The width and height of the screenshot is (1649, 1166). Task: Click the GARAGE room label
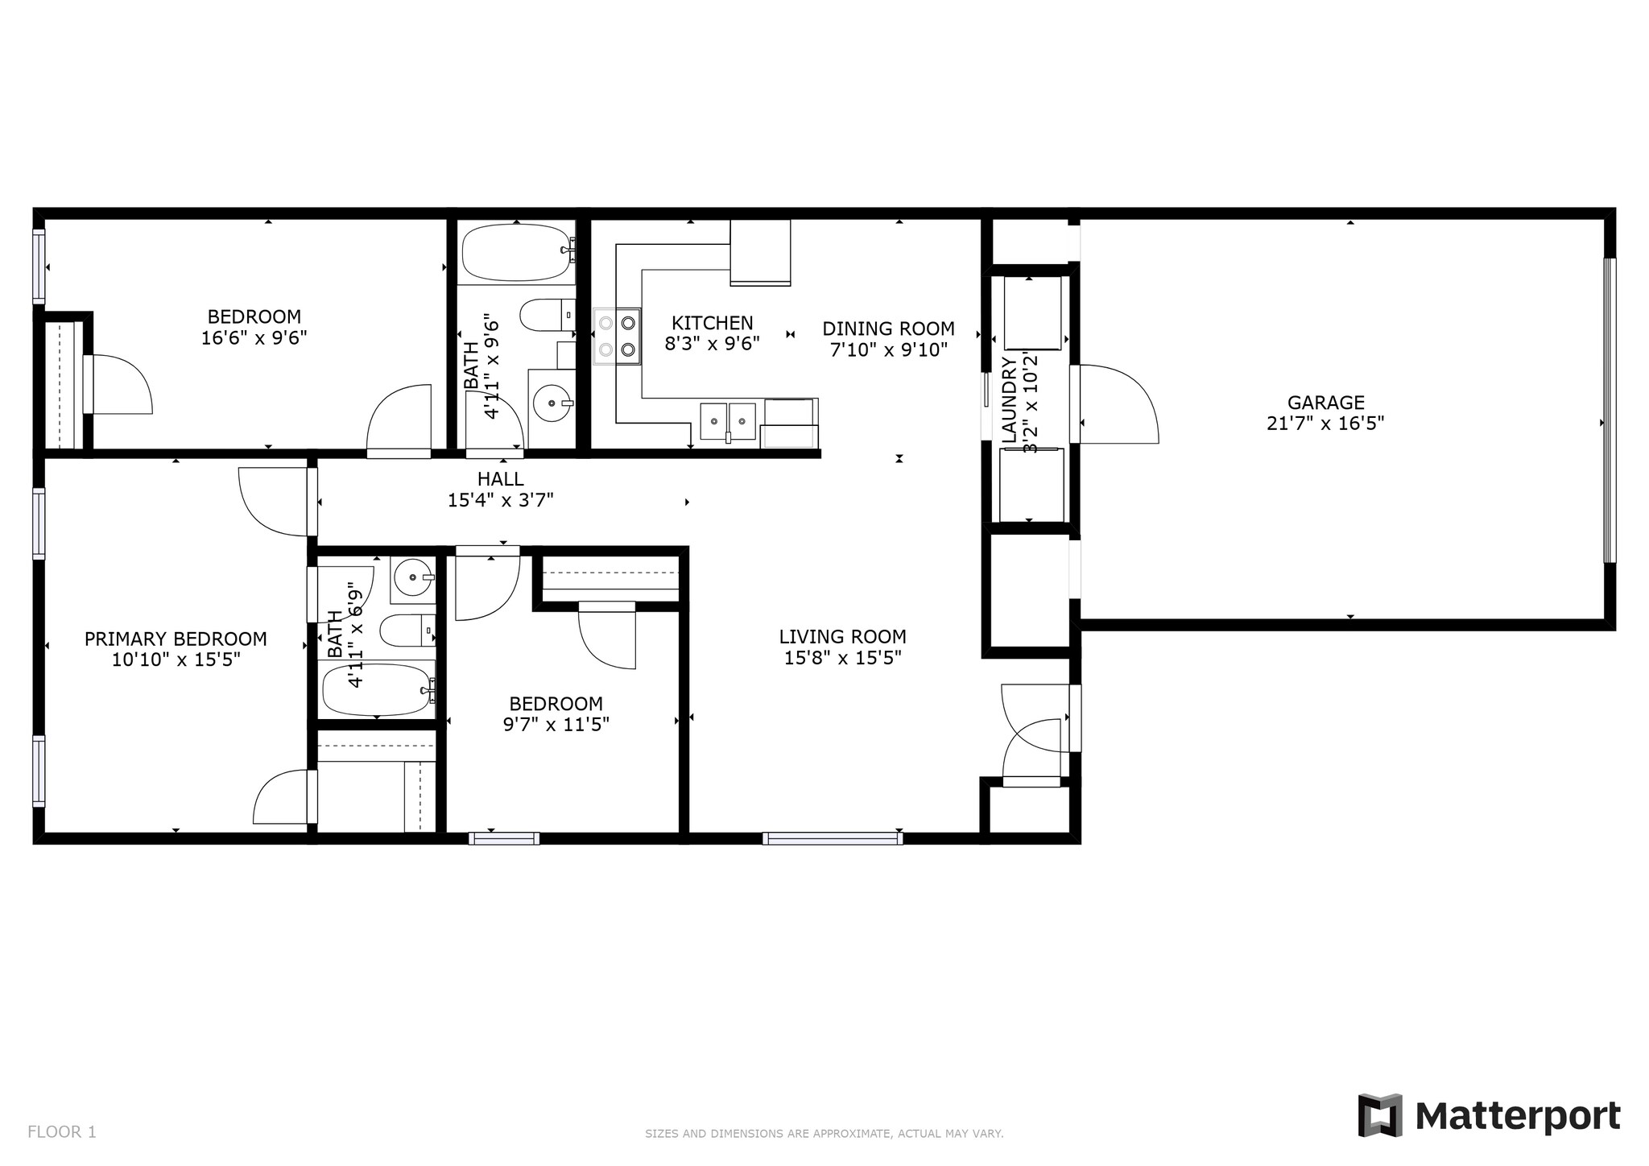point(1325,403)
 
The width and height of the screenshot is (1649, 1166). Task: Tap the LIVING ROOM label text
point(842,637)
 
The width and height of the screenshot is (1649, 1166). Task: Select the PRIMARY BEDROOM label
point(176,639)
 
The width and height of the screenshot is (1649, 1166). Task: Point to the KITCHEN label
point(713,323)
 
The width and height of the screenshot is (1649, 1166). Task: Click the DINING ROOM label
point(888,329)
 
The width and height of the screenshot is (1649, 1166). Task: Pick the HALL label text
point(500,480)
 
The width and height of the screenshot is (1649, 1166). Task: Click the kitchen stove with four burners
point(618,337)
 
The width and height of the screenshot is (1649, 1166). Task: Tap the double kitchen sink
point(729,421)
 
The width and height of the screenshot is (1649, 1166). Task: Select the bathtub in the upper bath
point(517,252)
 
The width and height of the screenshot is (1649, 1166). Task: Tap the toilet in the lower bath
point(407,631)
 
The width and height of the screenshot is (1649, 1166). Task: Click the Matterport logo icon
point(1380,1115)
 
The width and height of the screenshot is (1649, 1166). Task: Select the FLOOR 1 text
point(62,1132)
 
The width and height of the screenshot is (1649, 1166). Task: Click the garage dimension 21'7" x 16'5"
point(1325,424)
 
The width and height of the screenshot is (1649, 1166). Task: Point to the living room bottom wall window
point(833,838)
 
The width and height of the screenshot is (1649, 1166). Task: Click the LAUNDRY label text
point(1010,400)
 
